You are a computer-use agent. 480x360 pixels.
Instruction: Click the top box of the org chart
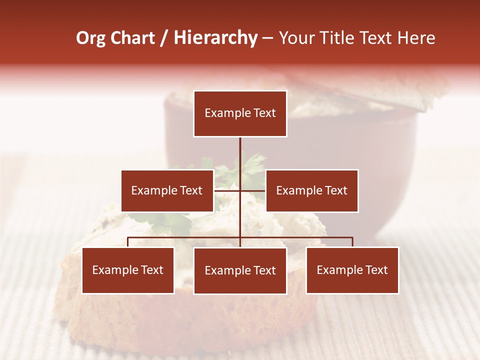point(240,113)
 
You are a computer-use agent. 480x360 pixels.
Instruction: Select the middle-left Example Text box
point(167,190)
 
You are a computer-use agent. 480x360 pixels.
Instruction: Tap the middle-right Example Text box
point(311,190)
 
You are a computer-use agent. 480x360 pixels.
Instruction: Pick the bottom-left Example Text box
point(128,270)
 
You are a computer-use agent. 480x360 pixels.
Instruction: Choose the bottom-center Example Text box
point(240,270)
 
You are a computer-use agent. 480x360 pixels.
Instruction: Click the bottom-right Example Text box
point(352,270)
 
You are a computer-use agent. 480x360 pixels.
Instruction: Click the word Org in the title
point(90,38)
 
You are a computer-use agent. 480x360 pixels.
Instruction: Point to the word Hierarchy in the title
point(215,38)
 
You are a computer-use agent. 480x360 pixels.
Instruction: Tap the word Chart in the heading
point(132,38)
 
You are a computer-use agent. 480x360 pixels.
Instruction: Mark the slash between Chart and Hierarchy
point(164,38)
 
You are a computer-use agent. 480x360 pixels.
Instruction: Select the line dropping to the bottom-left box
point(128,242)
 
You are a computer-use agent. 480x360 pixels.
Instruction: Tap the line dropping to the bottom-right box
point(352,242)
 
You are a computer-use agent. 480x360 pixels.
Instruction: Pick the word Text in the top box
point(263,113)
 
